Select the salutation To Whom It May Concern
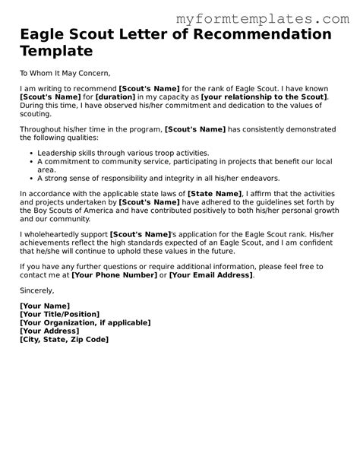[x=65, y=73]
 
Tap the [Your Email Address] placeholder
[x=210, y=276]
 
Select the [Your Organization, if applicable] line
[x=84, y=323]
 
